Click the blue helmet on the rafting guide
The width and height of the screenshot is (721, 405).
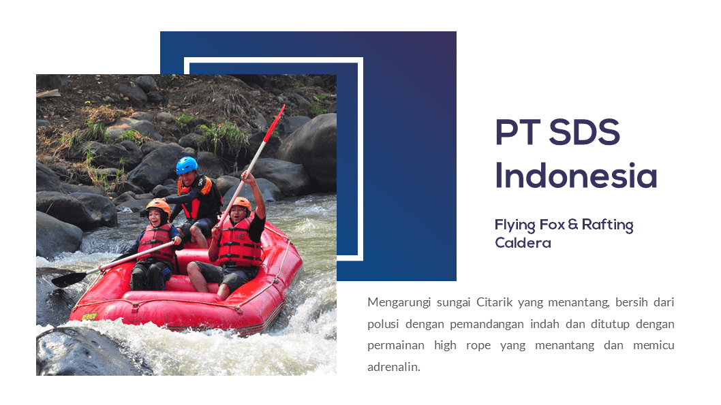[187, 165]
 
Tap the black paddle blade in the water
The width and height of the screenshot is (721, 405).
[69, 279]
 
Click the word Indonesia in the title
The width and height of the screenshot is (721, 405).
[576, 176]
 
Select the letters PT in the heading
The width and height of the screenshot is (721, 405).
[517, 133]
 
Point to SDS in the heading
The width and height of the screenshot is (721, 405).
[585, 133]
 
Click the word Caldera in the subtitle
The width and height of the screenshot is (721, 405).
[523, 243]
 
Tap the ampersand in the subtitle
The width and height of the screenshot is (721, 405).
[573, 224]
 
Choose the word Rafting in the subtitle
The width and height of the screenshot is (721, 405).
[607, 225]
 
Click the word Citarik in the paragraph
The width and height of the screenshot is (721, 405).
[494, 302]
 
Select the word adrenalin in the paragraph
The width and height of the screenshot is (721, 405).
[394, 367]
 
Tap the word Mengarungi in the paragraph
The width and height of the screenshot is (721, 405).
[399, 303]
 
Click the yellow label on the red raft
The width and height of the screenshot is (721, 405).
[89, 317]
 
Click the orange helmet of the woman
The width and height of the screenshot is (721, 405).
[158, 207]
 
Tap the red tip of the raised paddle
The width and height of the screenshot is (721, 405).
[274, 123]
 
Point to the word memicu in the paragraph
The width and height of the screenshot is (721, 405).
[654, 345]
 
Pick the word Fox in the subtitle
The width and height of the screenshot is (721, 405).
[552, 225]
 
